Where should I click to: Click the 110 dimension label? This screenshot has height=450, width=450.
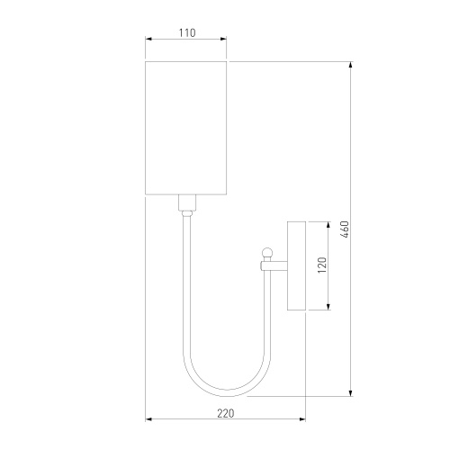(x=187, y=32)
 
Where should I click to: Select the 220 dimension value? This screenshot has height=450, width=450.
(x=226, y=413)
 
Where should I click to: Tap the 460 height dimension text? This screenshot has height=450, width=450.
(x=345, y=229)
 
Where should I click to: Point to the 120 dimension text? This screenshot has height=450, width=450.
(x=322, y=265)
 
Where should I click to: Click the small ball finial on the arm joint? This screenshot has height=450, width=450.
(x=267, y=253)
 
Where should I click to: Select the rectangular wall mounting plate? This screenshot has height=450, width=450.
(x=296, y=265)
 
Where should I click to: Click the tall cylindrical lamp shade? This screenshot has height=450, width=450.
(x=185, y=128)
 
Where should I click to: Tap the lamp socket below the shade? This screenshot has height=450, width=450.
(x=187, y=202)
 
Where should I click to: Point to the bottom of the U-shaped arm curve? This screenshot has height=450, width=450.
(x=227, y=393)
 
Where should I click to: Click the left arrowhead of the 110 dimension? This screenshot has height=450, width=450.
(x=149, y=39)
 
